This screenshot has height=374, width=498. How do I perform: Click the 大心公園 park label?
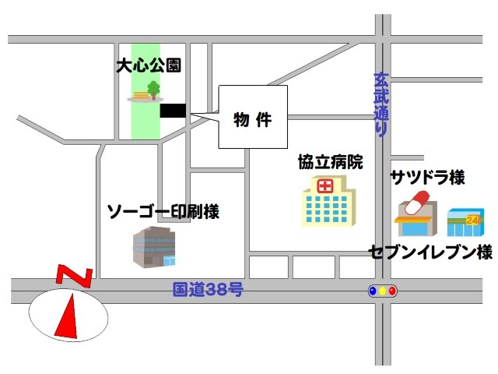(x=148, y=67)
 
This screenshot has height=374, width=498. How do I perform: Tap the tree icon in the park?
(x=153, y=90)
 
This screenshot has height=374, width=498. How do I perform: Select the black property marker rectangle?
(x=173, y=111)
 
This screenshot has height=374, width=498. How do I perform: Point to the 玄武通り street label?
(x=381, y=104)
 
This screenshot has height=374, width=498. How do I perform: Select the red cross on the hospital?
(x=324, y=185)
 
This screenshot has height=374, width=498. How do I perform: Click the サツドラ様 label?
(x=428, y=178)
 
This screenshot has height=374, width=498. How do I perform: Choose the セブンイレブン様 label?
(x=431, y=252)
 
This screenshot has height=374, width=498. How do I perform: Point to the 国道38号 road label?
(x=208, y=291)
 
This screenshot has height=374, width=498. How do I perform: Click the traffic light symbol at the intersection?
(x=382, y=291)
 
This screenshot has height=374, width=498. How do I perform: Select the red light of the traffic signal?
(x=392, y=291)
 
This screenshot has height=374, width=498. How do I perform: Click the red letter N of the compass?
(x=75, y=276)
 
